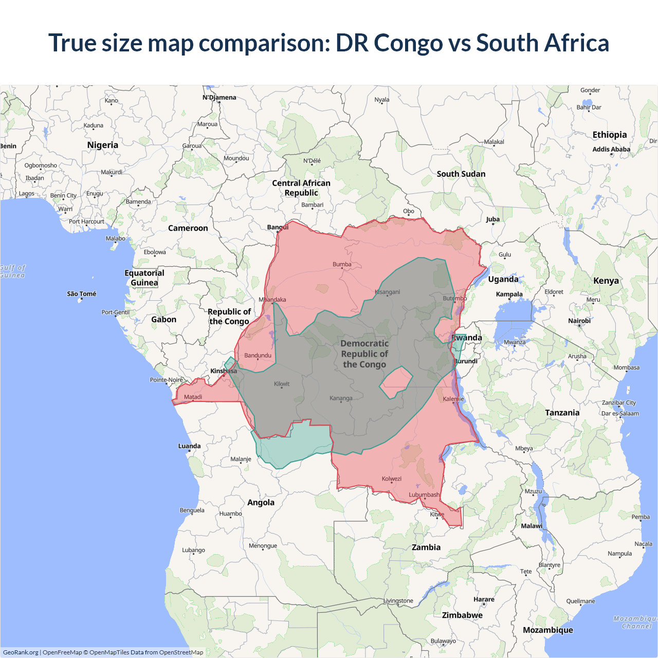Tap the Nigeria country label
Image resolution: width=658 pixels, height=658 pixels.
103,145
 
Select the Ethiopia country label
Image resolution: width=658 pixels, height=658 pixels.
610,135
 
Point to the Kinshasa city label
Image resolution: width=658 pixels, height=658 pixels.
224,371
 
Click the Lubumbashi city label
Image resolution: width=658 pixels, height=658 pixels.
424,495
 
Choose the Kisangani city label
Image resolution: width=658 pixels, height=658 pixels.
387,292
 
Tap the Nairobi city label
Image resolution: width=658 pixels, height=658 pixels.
579,321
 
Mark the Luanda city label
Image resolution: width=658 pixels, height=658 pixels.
189,446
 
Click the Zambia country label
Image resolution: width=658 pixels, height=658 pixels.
426,547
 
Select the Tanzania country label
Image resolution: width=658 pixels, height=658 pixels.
562,413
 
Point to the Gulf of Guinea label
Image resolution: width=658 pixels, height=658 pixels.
12,271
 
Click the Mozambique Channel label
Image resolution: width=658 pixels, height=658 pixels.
635,623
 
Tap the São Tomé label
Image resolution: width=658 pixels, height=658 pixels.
82,294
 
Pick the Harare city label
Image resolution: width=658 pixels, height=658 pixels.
484,599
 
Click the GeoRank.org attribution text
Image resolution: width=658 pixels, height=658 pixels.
21,652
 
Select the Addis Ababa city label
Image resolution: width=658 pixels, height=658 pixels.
611,150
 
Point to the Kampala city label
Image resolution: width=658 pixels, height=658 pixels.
509,295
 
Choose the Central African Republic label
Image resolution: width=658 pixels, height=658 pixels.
301,188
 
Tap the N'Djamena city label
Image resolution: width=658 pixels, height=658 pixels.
220,98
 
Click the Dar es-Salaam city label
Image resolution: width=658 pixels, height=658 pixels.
620,413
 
